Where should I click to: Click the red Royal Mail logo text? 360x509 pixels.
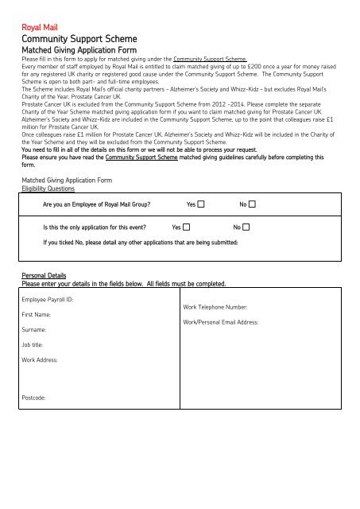(40, 25)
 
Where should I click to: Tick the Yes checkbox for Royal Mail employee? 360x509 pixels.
(201, 205)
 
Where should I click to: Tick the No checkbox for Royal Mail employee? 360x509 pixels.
(252, 205)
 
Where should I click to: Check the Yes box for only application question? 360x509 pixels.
(187, 227)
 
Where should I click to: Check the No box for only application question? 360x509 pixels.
(246, 227)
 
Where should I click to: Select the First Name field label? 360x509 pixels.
(37, 314)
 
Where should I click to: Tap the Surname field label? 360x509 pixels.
(35, 328)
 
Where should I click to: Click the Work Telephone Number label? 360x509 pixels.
(215, 307)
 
